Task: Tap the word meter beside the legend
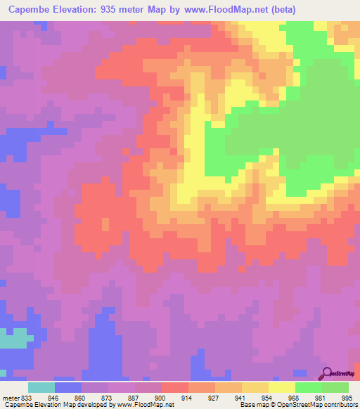click(x=10, y=397)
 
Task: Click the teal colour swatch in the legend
click(x=41, y=387)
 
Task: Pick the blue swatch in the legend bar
click(x=68, y=387)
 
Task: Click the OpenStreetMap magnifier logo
click(x=327, y=373)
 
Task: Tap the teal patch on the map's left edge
click(x=14, y=340)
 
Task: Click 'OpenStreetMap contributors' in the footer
click(x=316, y=405)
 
